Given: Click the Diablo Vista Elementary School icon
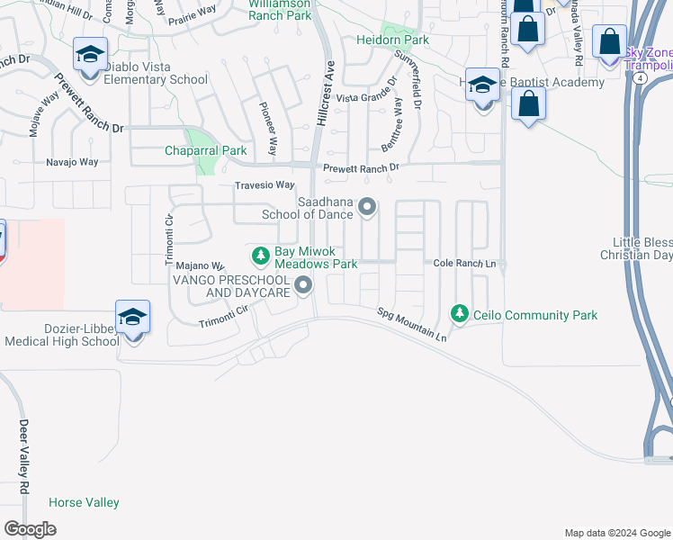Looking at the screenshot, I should (90, 55).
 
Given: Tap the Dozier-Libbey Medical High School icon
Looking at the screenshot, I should (132, 319).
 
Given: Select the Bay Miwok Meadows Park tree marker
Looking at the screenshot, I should (261, 256).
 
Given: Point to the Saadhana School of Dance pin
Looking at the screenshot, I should (367, 208).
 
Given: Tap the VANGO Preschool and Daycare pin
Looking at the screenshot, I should (303, 286).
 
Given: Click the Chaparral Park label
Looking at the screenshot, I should (205, 150).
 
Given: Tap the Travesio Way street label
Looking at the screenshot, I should (265, 185).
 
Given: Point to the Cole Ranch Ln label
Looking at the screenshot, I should (464, 264).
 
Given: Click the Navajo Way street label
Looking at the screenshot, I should (72, 162).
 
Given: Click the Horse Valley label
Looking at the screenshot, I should (84, 502).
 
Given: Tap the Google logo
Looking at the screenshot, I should (30, 529).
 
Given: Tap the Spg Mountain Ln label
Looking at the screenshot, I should (411, 324).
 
